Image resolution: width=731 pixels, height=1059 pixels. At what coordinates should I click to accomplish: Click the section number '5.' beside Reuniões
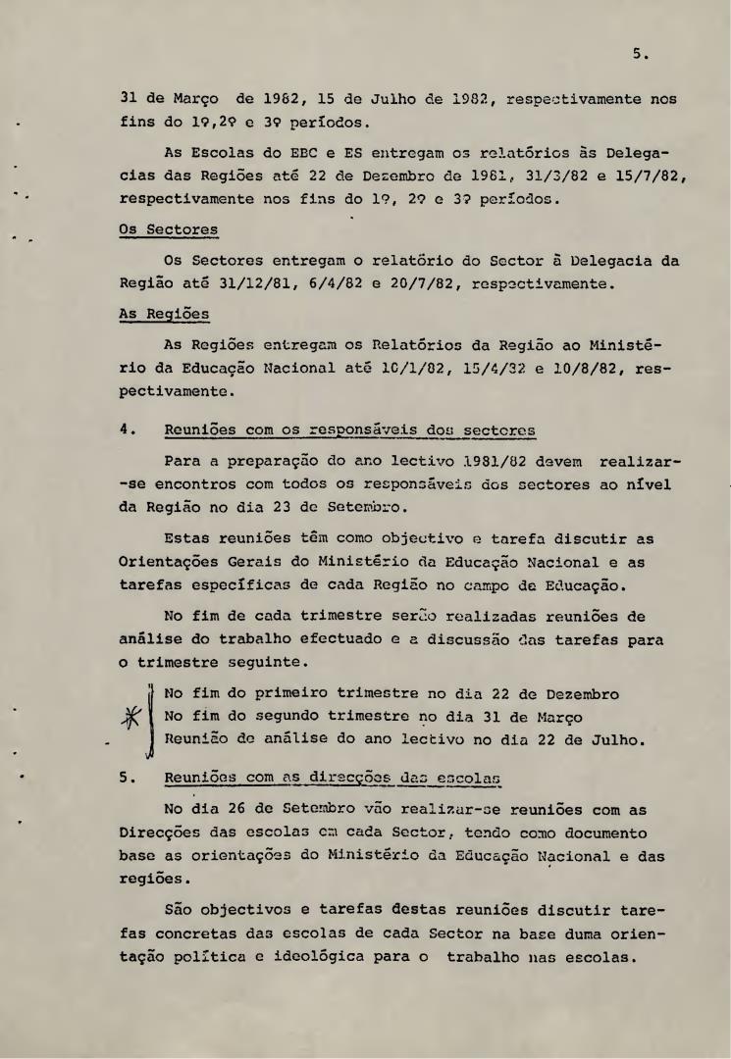pyautogui.click(x=126, y=780)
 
